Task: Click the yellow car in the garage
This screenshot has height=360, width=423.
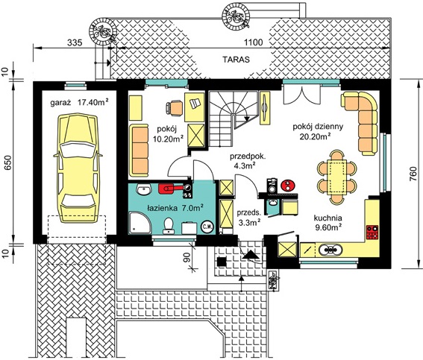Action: click(78, 168)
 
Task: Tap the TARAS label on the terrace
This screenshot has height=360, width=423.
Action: click(236, 60)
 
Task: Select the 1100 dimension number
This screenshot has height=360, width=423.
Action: click(253, 42)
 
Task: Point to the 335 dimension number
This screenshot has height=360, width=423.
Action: click(75, 42)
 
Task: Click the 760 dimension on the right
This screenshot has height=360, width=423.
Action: click(413, 174)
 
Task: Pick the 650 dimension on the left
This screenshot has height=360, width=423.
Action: click(9, 162)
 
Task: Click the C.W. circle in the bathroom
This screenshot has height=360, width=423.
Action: click(207, 227)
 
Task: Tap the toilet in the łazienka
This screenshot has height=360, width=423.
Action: click(169, 226)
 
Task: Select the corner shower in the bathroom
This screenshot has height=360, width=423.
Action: click(140, 223)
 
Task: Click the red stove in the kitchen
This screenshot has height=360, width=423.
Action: click(372, 233)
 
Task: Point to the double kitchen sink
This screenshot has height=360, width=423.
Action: click(330, 250)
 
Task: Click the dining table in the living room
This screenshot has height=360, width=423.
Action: click(336, 177)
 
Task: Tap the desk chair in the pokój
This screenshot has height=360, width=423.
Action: click(174, 108)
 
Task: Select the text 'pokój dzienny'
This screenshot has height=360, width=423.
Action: click(318, 127)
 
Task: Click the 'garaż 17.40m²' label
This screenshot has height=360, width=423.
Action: click(80, 102)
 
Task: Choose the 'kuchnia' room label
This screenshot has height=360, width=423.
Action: click(328, 218)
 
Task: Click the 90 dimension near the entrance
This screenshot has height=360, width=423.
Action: click(187, 257)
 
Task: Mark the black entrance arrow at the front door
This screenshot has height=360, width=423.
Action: click(251, 255)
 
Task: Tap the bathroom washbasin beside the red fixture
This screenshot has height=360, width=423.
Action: click(143, 189)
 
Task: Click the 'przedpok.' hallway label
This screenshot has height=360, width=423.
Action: click(248, 157)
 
